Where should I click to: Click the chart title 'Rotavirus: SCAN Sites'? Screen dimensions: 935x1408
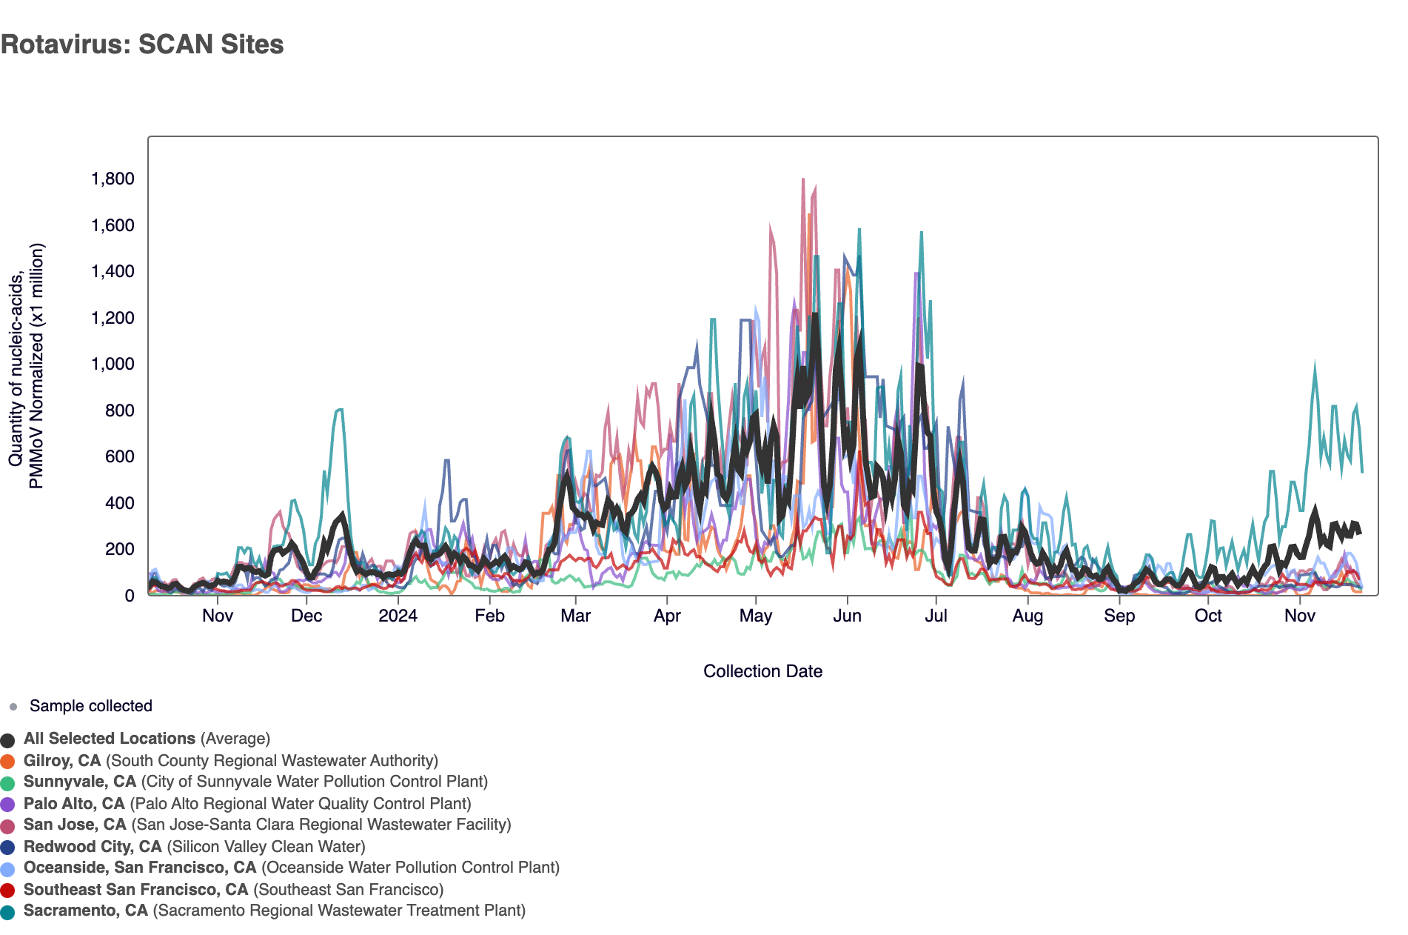pyautogui.click(x=142, y=44)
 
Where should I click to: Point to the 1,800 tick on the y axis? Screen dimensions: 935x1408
pyautogui.click(x=113, y=179)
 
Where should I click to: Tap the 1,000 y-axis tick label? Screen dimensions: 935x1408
pyautogui.click(x=113, y=364)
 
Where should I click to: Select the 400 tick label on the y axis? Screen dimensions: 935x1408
pyautogui.click(x=119, y=503)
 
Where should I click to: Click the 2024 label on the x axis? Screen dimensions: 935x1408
pyautogui.click(x=398, y=616)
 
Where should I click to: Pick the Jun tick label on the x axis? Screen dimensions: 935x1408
pyautogui.click(x=847, y=616)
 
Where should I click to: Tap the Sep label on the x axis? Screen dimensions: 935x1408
pyautogui.click(x=1119, y=616)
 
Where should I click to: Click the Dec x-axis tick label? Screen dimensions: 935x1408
pyautogui.click(x=306, y=616)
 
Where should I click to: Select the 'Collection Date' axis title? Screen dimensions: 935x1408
pyautogui.click(x=762, y=671)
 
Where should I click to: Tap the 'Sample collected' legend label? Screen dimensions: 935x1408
pyautogui.click(x=90, y=706)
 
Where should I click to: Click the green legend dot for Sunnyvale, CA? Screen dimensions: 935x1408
pyautogui.click(x=7, y=783)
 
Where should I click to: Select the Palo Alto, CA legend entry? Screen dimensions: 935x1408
pyautogui.click(x=247, y=804)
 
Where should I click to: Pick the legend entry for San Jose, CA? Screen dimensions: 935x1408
pyautogui.click(x=267, y=825)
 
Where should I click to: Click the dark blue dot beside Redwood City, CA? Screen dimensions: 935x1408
pyautogui.click(x=7, y=848)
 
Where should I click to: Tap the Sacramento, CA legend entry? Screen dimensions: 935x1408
pyautogui.click(x=274, y=911)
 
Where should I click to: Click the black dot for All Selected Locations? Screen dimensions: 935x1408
pyautogui.click(x=7, y=740)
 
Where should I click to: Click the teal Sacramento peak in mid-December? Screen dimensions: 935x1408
pyautogui.click(x=339, y=410)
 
